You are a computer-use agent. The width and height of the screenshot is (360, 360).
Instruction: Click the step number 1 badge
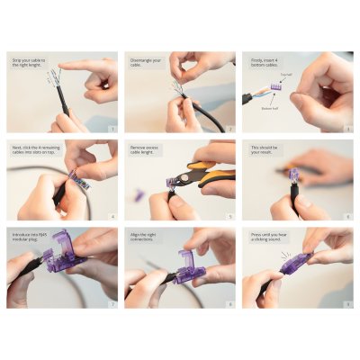click(x=112, y=130)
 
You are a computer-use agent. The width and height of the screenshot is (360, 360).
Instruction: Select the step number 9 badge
click(x=348, y=304)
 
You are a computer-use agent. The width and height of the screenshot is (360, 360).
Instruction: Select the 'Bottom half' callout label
click(x=270, y=107)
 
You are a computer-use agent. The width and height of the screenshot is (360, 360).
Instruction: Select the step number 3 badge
click(x=348, y=130)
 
